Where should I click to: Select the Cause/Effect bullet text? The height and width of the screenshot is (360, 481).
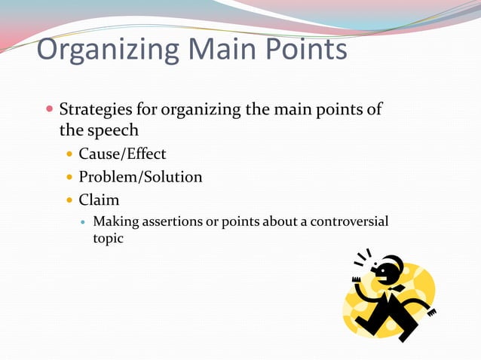122,154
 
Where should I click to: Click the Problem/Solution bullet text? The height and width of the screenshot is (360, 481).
140,177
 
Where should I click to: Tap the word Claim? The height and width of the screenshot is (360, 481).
99,201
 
